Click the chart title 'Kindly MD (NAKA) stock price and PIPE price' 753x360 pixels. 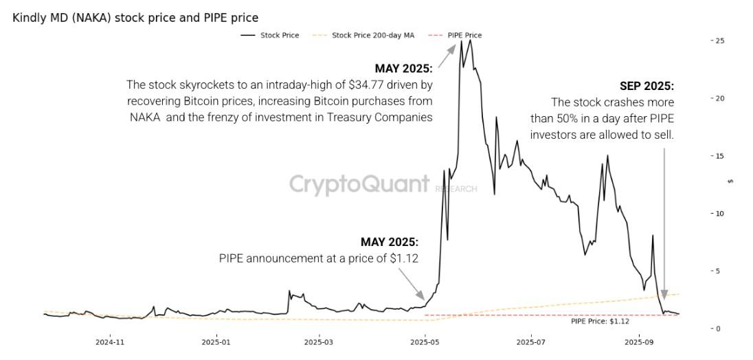click(135, 18)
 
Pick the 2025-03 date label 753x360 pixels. click(319, 341)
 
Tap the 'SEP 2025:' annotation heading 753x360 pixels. click(647, 87)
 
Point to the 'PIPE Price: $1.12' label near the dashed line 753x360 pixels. click(600, 321)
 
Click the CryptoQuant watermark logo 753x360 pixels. click(359, 184)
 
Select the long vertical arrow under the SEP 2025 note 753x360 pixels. click(664, 220)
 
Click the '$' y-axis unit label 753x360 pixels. click(730, 181)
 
